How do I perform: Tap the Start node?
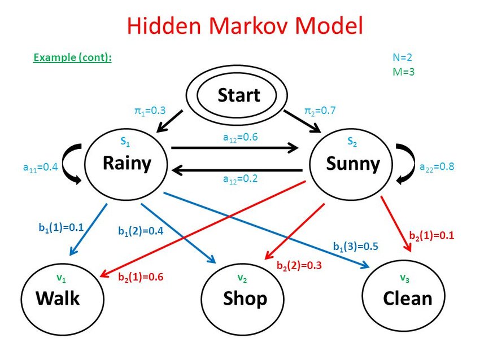[239, 96]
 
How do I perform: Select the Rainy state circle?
[127, 163]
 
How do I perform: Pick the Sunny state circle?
[353, 164]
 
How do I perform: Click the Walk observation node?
[58, 297]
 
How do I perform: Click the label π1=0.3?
[150, 111]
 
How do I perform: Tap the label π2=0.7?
[320, 111]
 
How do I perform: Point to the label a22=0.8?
[437, 167]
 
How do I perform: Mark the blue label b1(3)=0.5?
[355, 246]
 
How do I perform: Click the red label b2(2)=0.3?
[299, 265]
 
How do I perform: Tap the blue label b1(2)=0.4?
[141, 231]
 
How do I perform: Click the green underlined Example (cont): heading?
[72, 58]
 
